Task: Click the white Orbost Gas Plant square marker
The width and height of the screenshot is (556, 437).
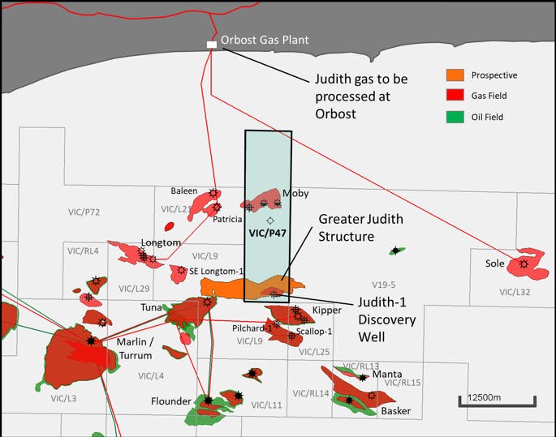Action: pos(212,45)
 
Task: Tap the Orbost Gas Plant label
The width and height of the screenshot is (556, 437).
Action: pos(265,40)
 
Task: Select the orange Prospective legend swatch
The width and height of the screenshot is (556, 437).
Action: pos(456,76)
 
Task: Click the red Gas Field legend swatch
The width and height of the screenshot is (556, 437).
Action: pos(456,96)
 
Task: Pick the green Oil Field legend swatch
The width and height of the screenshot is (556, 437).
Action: pos(456,118)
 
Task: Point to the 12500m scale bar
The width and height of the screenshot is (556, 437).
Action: pos(497,399)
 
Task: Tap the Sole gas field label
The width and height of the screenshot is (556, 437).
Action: pos(495,263)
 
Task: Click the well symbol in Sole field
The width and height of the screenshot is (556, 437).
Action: pos(524,263)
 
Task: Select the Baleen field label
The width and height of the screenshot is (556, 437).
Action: pos(183,191)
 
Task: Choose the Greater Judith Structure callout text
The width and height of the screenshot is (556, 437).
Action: pos(360,228)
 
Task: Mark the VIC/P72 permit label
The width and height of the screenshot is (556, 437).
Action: pos(84,212)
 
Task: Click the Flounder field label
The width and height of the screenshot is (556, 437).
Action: pos(170,401)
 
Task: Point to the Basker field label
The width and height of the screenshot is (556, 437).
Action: pos(395,411)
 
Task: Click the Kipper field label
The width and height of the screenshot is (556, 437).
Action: pos(326,311)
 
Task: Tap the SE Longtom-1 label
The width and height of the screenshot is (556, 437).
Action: pos(216,271)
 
